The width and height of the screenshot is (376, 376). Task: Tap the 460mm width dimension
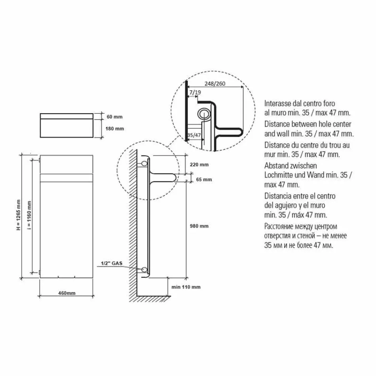[x=67, y=293]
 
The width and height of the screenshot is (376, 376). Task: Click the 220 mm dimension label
[x=199, y=165]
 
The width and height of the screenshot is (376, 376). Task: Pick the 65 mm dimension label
[x=204, y=179]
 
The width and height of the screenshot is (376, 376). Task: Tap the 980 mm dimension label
[x=199, y=226]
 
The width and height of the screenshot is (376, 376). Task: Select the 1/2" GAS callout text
[x=112, y=263]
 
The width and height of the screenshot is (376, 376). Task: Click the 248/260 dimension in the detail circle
[x=215, y=84]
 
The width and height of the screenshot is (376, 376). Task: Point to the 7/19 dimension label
[x=195, y=92]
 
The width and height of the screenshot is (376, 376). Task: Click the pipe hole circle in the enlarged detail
[x=205, y=114]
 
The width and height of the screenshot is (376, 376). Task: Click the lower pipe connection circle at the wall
[x=144, y=270]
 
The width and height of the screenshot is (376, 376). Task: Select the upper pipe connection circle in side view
[x=144, y=163]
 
